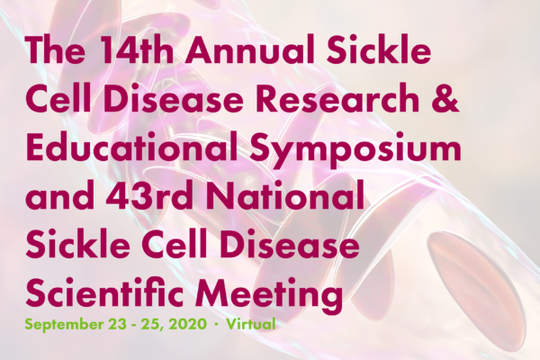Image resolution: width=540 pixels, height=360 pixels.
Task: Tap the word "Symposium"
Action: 355,150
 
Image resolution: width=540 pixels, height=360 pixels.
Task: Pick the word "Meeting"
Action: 269,295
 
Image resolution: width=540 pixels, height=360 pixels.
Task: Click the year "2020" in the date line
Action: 188,324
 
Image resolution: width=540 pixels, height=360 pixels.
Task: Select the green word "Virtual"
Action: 251,324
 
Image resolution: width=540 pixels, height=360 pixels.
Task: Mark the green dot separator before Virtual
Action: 216,325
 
